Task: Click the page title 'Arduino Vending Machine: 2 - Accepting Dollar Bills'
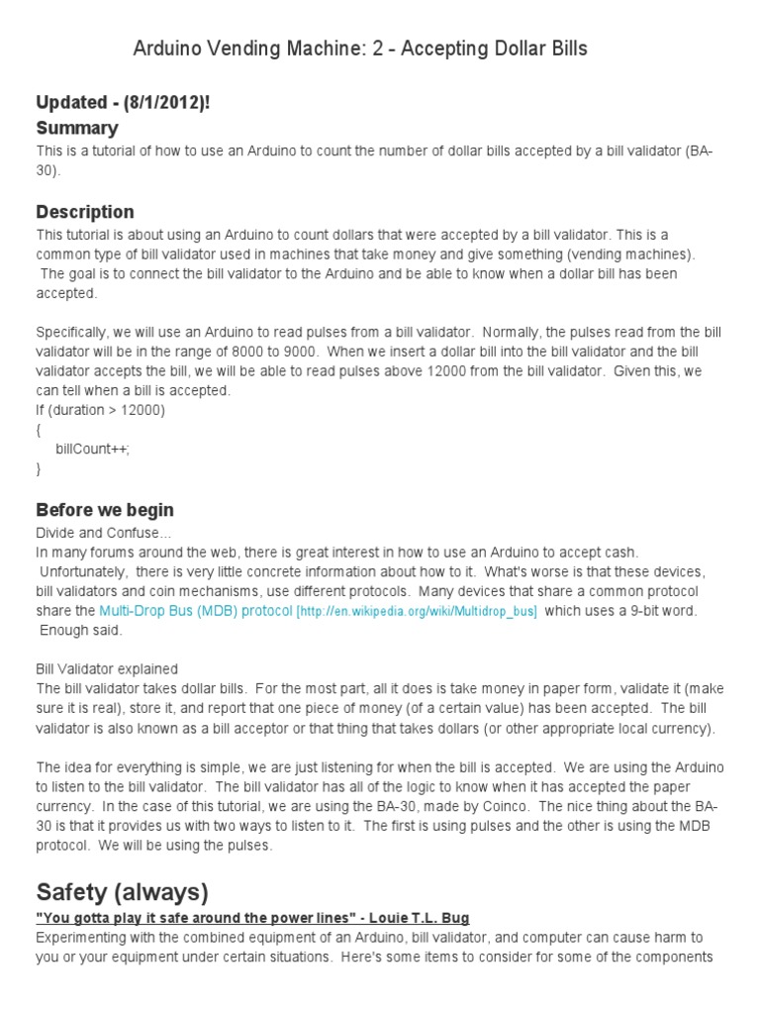coord(360,49)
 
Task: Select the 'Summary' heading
coord(77,128)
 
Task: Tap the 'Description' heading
coord(85,212)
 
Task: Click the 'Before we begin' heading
coord(105,510)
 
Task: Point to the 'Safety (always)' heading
coord(123,892)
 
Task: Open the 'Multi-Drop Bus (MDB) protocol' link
coord(196,611)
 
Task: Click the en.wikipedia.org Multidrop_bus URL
coord(418,612)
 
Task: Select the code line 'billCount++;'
coord(93,450)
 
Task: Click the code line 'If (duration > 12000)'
coord(101,410)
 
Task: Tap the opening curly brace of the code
coord(40,430)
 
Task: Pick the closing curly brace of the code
coord(40,469)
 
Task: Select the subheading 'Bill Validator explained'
coord(107,669)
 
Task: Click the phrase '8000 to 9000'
coord(279,351)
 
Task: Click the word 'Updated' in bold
coord(71,103)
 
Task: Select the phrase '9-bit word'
coord(658,611)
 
